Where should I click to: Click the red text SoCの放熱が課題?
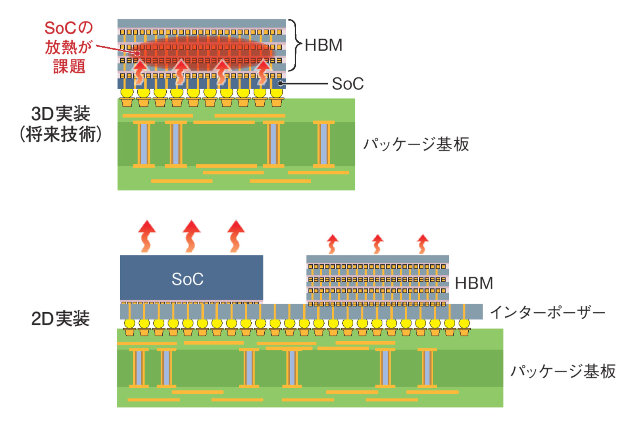68,47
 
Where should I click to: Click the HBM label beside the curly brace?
323,45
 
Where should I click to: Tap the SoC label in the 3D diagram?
348,84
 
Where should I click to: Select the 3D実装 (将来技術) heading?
61,124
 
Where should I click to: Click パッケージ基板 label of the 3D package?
416,144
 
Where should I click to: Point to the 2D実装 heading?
60,319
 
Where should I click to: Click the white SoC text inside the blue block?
187,279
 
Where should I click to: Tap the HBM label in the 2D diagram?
474,283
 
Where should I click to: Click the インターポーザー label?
548,313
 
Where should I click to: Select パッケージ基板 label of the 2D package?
563,371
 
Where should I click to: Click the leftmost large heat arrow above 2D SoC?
147,236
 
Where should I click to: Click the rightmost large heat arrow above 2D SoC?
236,236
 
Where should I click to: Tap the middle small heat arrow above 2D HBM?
377,244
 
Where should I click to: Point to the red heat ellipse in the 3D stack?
202,52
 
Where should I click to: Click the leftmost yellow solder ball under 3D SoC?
127,93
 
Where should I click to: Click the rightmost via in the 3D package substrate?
323,144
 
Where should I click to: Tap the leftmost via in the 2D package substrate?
139,368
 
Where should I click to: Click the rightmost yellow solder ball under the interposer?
464,324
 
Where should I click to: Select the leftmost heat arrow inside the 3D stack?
139,71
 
